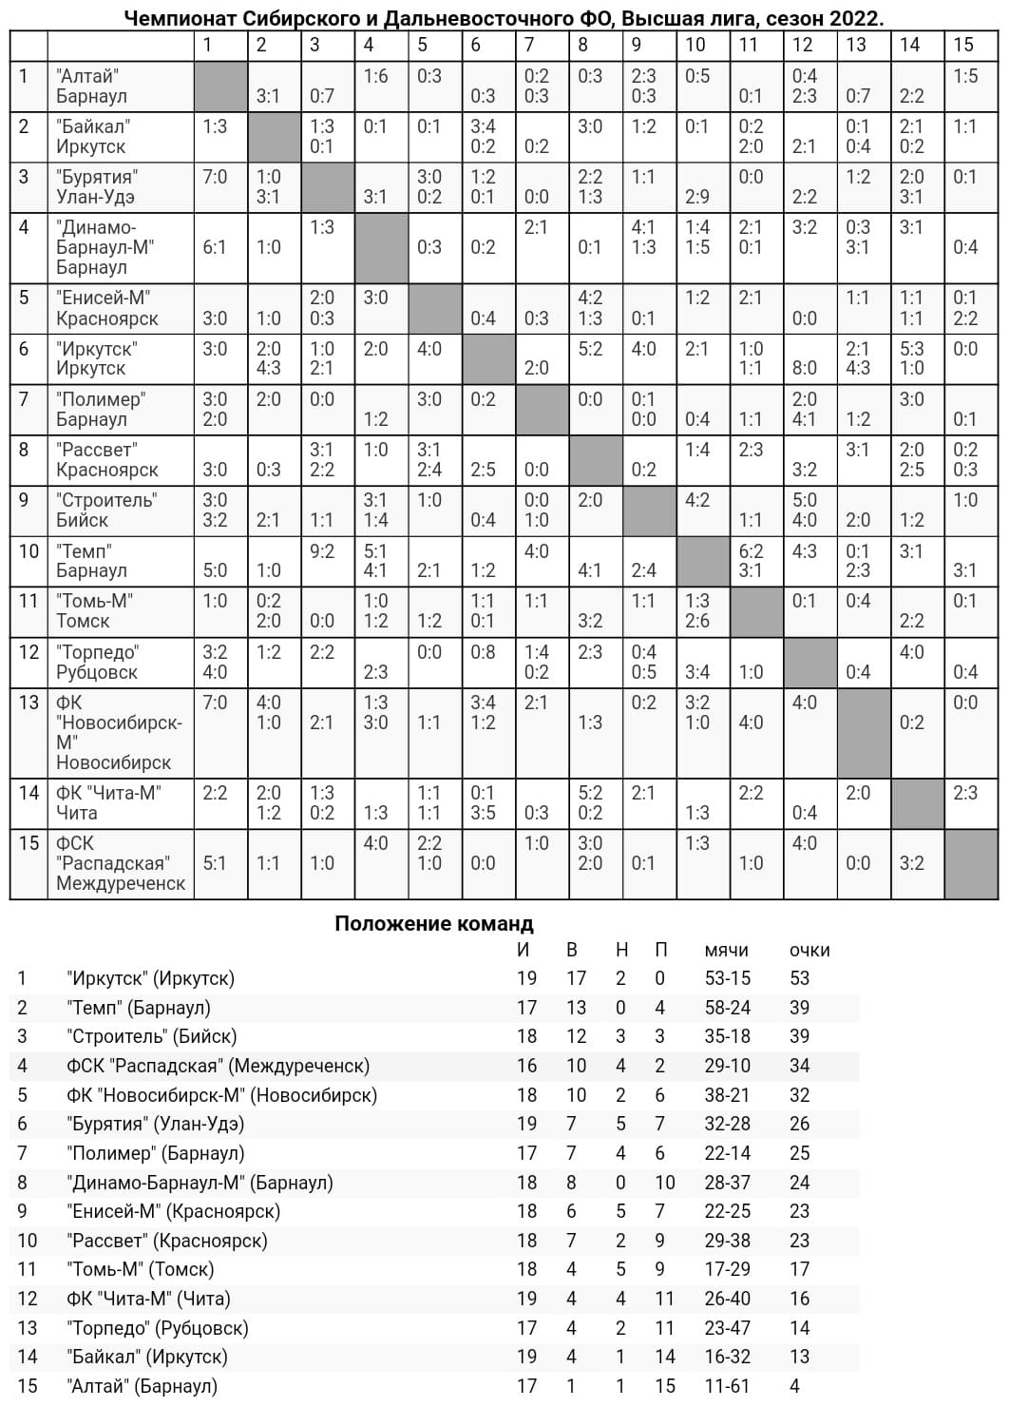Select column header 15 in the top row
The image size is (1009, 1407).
click(x=963, y=45)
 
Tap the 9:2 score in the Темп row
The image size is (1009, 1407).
click(x=322, y=550)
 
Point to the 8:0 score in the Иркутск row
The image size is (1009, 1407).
click(x=804, y=368)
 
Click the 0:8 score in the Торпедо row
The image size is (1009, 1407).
click(x=483, y=652)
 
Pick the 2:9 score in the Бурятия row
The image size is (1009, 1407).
click(x=697, y=197)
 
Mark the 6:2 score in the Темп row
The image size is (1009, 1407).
click(x=751, y=550)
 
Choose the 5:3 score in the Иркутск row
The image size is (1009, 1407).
click(x=912, y=348)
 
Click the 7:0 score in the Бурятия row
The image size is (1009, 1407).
click(x=215, y=177)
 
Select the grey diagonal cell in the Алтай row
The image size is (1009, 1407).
click(x=220, y=87)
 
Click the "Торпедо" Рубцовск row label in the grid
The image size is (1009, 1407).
click(x=97, y=662)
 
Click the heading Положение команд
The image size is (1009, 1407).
click(x=434, y=923)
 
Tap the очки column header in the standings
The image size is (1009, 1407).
click(x=809, y=950)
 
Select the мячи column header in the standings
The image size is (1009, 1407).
click(x=727, y=950)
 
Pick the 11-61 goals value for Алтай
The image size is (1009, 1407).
click(x=727, y=1386)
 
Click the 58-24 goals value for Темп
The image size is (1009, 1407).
click(x=727, y=1008)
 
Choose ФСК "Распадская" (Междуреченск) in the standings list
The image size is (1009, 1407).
click(x=218, y=1066)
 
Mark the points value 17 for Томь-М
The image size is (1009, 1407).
click(x=799, y=1269)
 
